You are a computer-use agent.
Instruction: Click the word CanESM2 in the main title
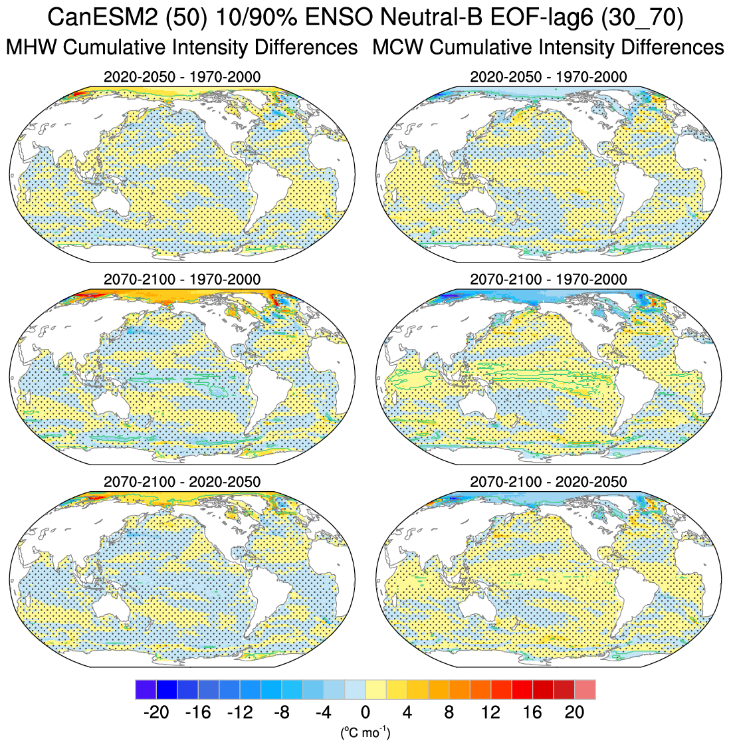[x=97, y=19]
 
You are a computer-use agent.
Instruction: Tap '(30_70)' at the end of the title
[x=641, y=19]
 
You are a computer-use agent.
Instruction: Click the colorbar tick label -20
[x=156, y=712]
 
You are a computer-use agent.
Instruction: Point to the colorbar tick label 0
[x=365, y=712]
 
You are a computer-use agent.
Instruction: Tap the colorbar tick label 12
[x=490, y=712]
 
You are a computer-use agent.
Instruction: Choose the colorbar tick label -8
[x=282, y=712]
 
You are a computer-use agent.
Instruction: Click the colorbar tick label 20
[x=574, y=712]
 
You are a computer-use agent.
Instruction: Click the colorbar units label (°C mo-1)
[x=365, y=732]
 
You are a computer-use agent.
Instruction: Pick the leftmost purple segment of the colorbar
[x=146, y=689]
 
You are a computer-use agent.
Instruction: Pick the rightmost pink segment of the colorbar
[x=585, y=689]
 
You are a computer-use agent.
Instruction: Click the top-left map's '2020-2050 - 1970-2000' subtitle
[x=182, y=77]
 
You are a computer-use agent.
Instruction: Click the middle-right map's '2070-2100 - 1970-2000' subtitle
[x=548, y=279]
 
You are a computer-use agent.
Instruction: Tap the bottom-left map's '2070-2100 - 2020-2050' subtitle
[x=182, y=481]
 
